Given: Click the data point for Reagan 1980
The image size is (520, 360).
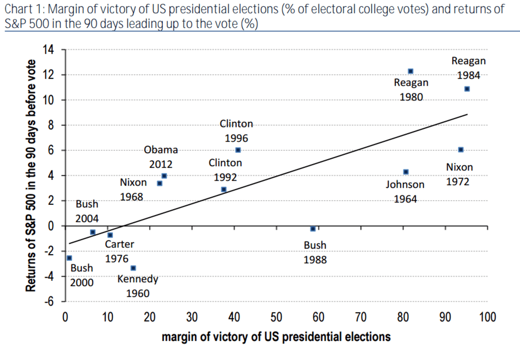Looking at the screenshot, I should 411,71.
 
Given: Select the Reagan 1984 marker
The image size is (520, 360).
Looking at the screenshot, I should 467,89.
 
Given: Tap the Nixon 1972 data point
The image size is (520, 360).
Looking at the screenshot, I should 461,150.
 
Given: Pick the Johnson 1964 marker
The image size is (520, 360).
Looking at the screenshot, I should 406,172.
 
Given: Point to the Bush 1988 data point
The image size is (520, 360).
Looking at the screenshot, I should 313,229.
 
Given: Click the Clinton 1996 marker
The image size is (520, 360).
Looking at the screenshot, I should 238,150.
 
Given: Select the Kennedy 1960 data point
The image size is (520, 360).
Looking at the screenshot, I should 133,268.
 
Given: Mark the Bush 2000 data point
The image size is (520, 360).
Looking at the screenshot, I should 69,258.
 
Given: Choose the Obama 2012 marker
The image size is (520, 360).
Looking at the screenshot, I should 164,176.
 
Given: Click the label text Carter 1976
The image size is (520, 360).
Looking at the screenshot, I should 119,251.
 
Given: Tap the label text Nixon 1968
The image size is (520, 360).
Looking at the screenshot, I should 133,190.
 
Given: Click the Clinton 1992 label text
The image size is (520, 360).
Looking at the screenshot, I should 225,170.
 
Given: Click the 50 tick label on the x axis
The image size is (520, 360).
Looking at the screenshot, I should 276,318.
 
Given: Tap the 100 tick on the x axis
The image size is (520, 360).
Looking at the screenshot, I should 487,318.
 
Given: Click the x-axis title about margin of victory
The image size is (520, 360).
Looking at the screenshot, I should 276,337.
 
